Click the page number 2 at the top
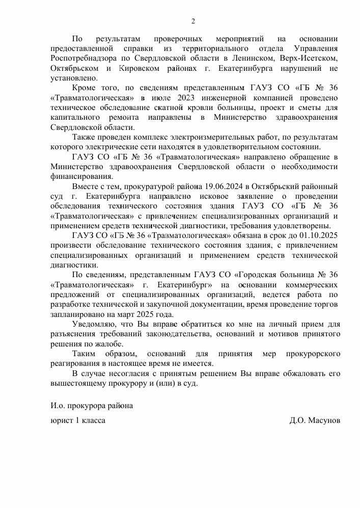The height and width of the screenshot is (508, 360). [193, 21]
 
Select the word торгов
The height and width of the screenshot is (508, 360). [326, 304]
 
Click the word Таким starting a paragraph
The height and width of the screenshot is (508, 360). [85, 354]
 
